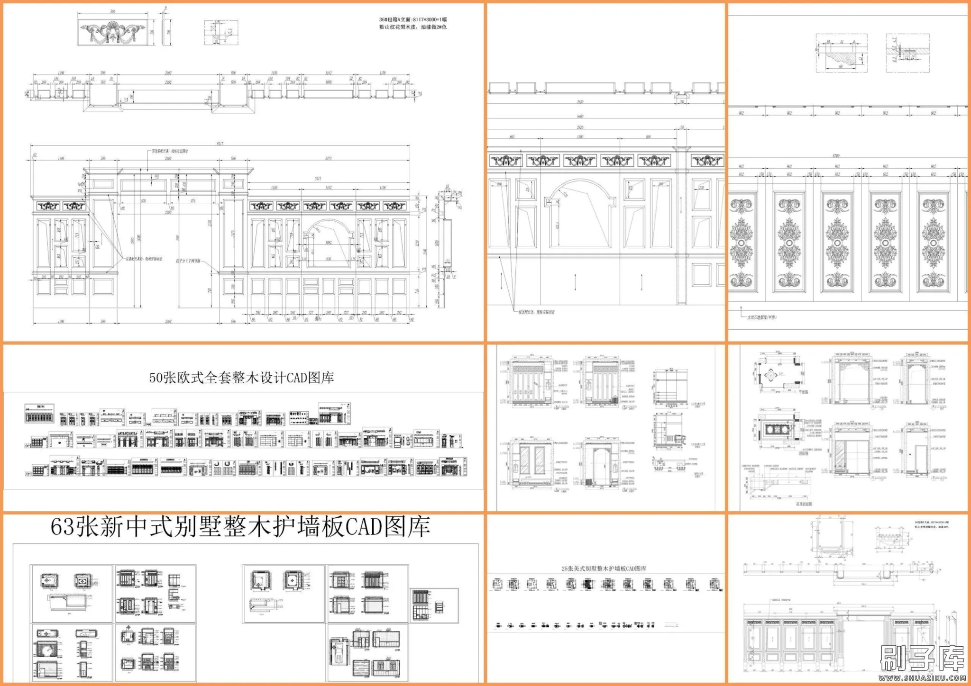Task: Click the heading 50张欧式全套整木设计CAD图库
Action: [x=241, y=378]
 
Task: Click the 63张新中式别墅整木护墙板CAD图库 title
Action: [x=240, y=527]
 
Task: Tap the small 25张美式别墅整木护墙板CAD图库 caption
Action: [x=604, y=568]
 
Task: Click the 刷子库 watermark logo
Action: [x=922, y=659]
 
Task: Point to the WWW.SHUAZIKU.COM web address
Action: [x=922, y=678]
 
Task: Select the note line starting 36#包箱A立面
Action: [x=412, y=19]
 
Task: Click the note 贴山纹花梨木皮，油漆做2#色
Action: [x=412, y=27]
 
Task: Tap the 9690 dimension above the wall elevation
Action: [x=580, y=116]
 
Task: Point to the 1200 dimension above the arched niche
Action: [x=580, y=137]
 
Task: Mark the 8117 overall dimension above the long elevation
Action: [x=220, y=144]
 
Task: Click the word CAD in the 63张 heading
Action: [x=364, y=527]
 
